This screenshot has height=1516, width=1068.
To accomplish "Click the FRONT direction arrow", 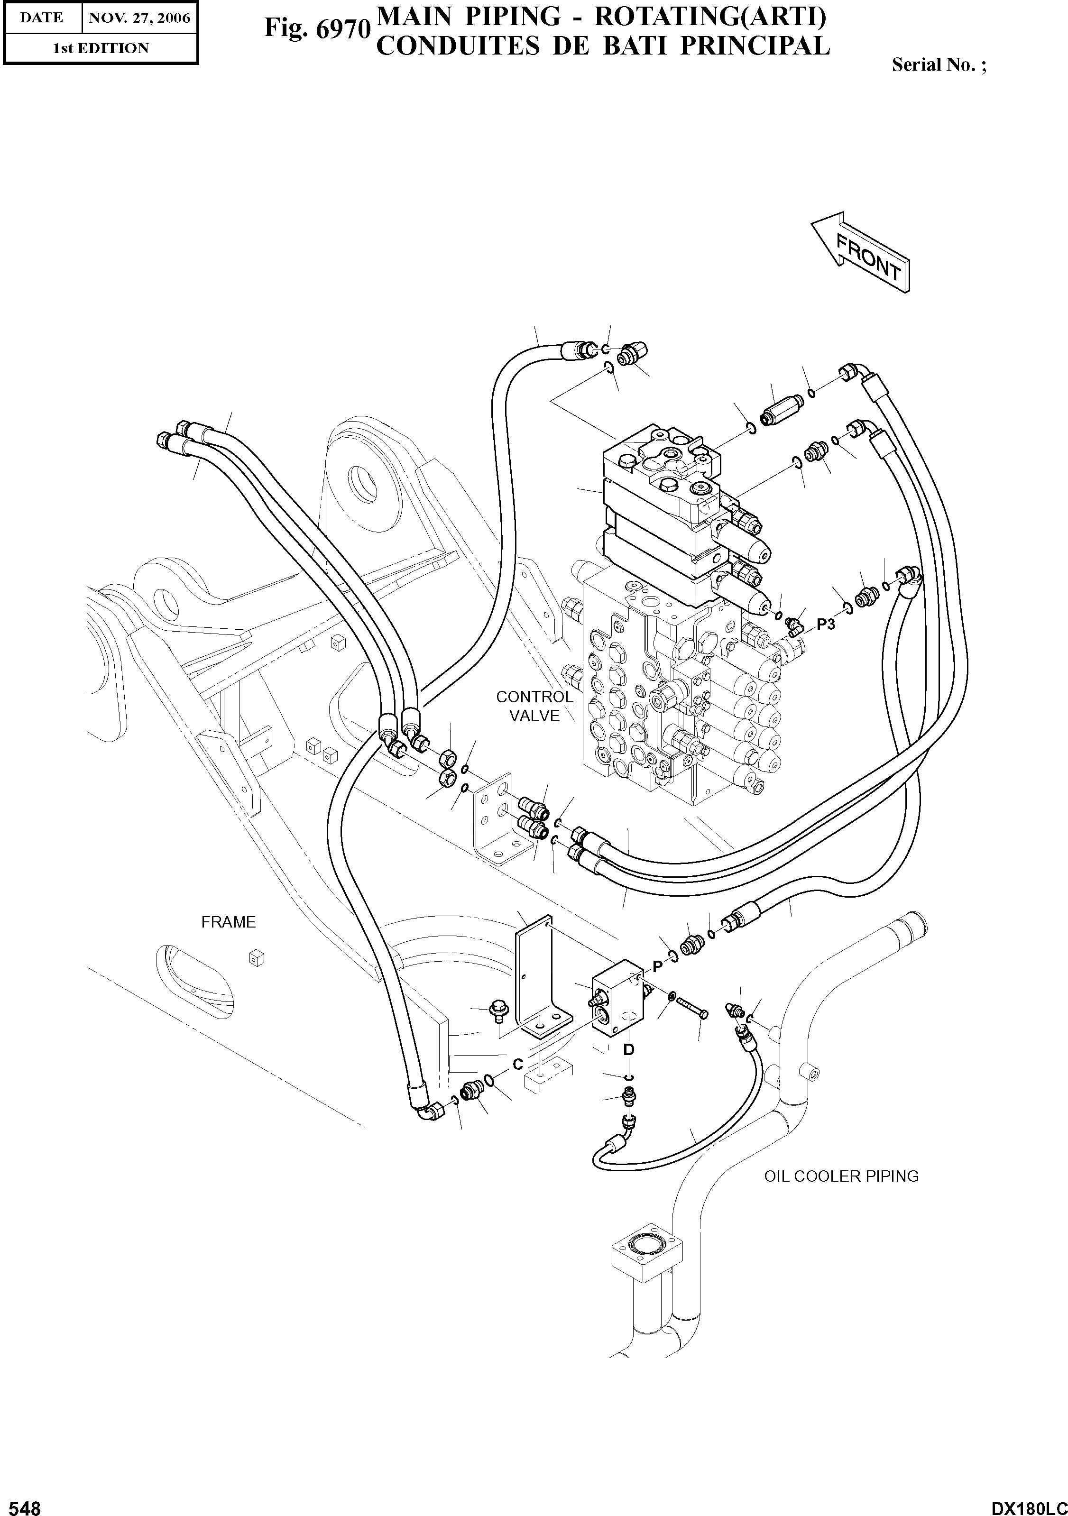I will [861, 254].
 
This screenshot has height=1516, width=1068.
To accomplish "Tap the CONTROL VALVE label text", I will [534, 706].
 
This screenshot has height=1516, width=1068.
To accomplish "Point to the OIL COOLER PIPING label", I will [841, 1176].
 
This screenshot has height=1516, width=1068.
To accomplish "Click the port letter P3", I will [826, 624].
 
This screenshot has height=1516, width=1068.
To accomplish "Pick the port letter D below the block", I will [629, 1049].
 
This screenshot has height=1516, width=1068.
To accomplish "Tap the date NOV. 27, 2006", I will [139, 18].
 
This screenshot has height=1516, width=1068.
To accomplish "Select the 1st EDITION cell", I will [101, 48].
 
